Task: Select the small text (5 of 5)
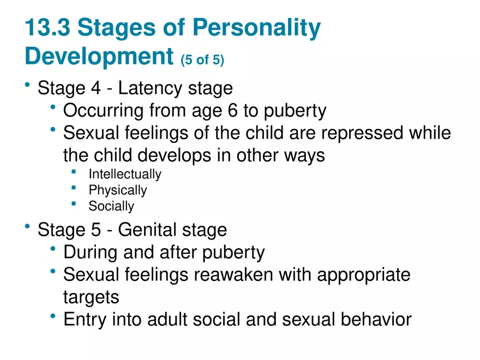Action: tap(202, 59)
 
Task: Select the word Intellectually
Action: tap(125, 175)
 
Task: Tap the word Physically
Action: tap(118, 190)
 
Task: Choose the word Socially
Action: tap(111, 206)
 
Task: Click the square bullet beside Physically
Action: tap(73, 188)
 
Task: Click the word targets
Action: tap(91, 297)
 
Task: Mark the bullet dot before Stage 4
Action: tap(27, 85)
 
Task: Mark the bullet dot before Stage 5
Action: tap(27, 227)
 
